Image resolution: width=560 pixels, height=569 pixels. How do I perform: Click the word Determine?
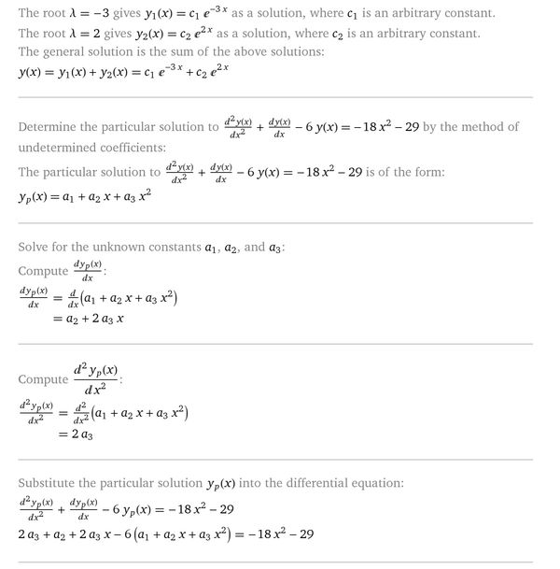point(52,127)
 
